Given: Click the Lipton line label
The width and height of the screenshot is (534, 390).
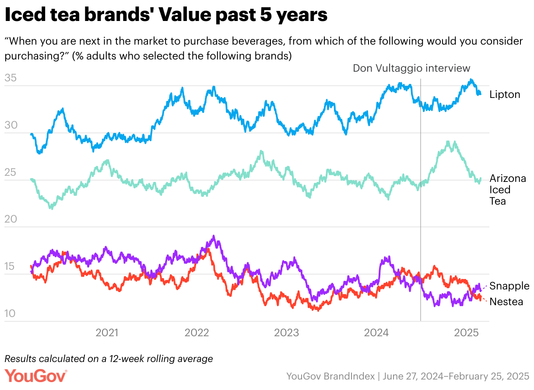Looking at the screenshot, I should [x=505, y=94].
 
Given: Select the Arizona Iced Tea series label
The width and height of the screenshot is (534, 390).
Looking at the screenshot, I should [x=507, y=190].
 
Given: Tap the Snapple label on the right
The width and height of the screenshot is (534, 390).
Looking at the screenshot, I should [x=509, y=286].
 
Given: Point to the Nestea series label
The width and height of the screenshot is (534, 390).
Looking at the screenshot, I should [x=506, y=302].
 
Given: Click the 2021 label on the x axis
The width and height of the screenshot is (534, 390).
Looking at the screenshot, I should [x=107, y=333].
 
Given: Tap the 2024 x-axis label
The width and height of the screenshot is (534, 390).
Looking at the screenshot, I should [x=376, y=333].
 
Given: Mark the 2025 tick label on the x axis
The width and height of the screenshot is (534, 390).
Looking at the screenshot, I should [x=466, y=333].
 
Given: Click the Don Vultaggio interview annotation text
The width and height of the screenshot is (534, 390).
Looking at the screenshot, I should [x=411, y=68].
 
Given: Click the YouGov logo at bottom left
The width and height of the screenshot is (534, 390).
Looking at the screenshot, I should [x=36, y=376].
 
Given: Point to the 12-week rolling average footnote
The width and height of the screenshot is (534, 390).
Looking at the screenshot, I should [x=109, y=359].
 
